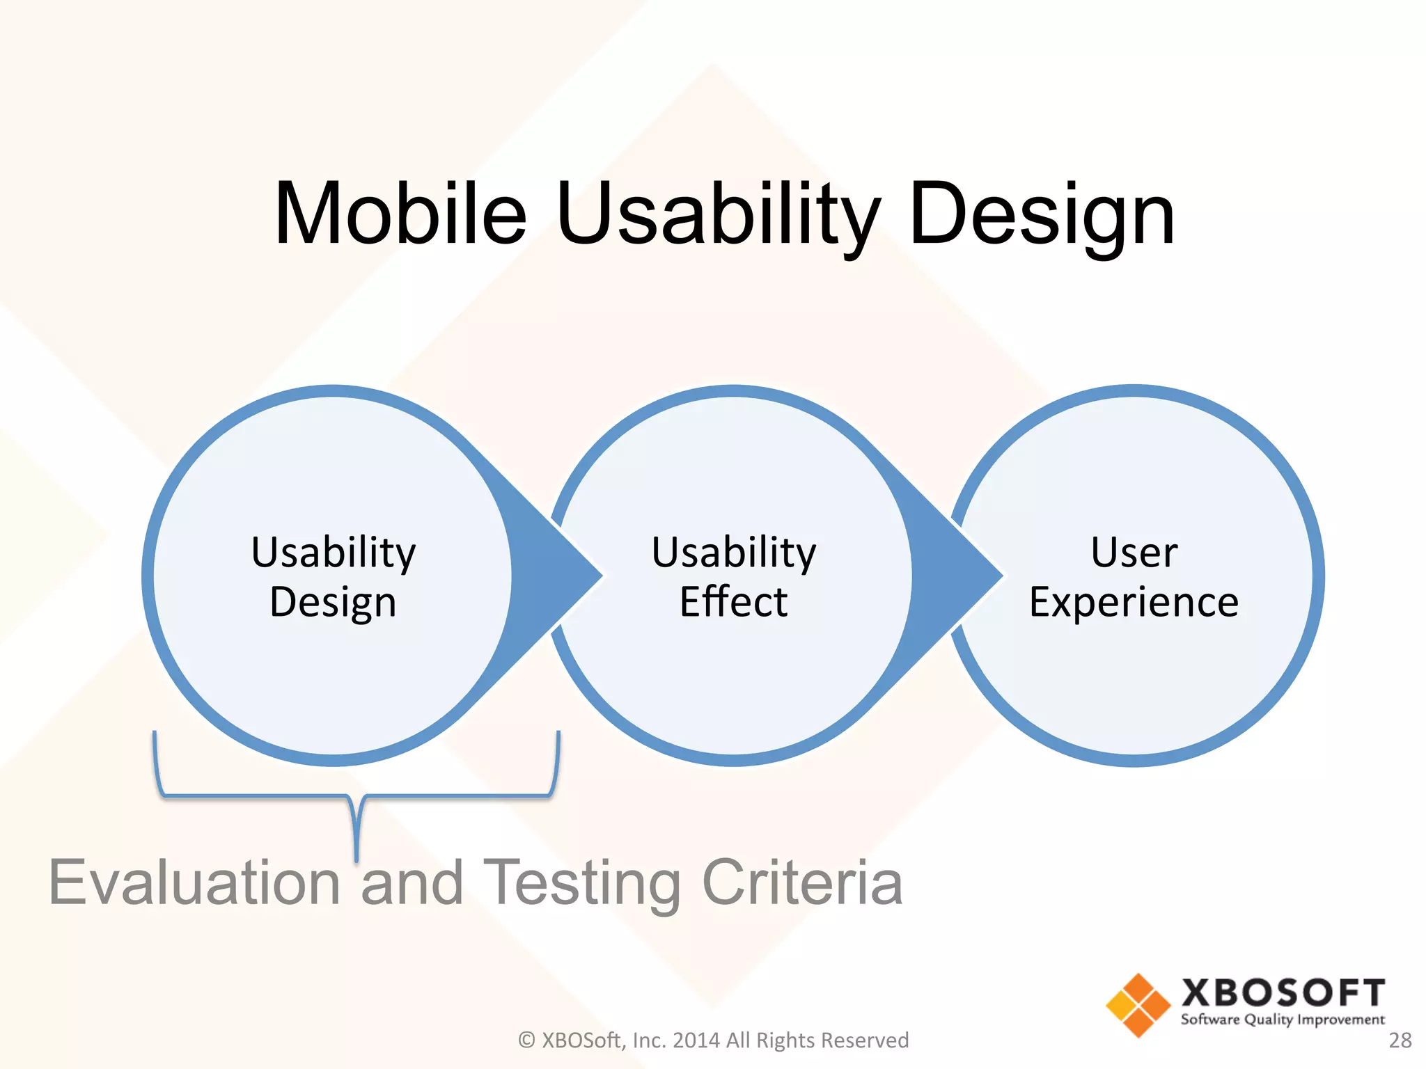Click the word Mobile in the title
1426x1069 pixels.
[400, 214]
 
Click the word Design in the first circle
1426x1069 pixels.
[333, 602]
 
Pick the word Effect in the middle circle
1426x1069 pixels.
[733, 602]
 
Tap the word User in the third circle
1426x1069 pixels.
[1134, 553]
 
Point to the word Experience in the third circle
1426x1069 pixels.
[1134, 602]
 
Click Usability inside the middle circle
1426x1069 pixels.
[733, 553]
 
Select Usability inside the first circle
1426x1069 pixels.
[333, 553]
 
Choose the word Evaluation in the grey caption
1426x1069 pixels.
[195, 882]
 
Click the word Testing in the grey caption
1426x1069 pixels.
[581, 882]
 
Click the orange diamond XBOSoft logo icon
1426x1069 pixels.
[1138, 1005]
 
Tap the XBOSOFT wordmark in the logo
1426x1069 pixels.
[1283, 992]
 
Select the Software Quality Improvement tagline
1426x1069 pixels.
[1283, 1020]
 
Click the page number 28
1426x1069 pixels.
[1400, 1040]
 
